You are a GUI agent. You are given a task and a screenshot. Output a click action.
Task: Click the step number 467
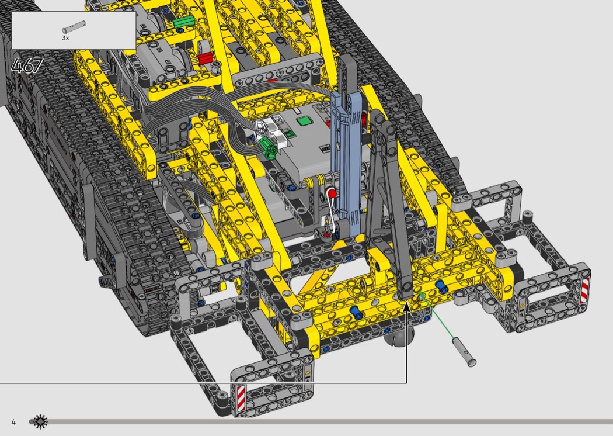tap(27, 65)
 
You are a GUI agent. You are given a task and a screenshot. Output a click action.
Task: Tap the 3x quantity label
tap(65, 38)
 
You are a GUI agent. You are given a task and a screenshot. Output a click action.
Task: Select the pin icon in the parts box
tap(74, 27)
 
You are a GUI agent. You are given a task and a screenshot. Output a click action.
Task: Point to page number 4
tap(13, 422)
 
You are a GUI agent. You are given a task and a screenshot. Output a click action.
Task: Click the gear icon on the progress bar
tap(40, 421)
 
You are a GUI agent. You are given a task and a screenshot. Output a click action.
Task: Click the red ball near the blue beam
tap(332, 193)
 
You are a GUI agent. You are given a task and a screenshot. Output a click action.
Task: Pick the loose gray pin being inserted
tap(464, 352)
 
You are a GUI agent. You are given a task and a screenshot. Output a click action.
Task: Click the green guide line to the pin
tap(436, 316)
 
